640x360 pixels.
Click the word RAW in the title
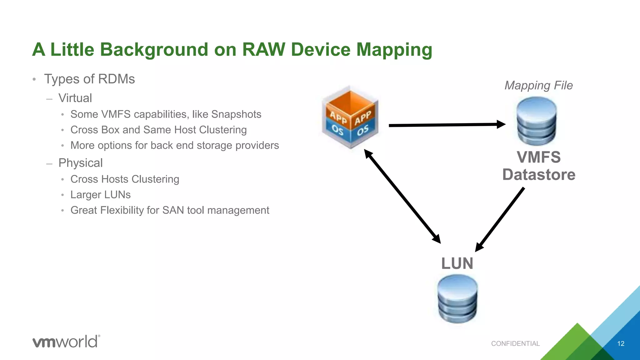click(263, 49)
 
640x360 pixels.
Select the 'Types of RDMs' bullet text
click(89, 79)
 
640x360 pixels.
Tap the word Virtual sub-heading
click(75, 98)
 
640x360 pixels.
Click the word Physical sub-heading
click(80, 163)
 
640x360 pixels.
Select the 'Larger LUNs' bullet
click(100, 195)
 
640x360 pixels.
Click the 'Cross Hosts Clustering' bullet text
click(125, 179)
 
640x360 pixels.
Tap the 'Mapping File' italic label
click(538, 85)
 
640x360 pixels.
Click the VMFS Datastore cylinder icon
click(537, 121)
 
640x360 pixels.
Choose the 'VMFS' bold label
click(539, 157)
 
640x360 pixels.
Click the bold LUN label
click(457, 263)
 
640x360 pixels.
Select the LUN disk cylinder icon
click(457, 299)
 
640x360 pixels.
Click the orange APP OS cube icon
click(350, 117)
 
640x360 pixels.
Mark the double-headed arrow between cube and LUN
click(402, 196)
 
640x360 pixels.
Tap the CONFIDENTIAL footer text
click(515, 344)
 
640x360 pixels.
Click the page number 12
click(621, 344)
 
